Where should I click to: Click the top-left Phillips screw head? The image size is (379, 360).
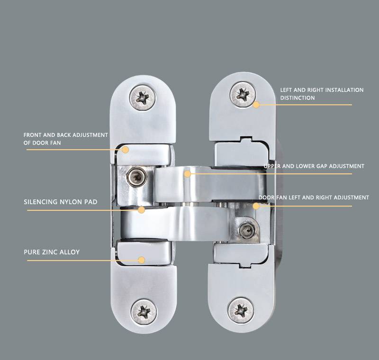coord(143,98)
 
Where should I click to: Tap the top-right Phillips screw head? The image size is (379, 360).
coord(243,94)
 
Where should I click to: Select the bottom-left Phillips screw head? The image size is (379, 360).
coord(144,312)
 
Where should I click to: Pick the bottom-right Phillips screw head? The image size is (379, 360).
coord(241,310)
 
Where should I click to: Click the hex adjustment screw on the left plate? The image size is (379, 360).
coord(137,177)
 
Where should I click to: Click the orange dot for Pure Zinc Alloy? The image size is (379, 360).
coord(141,260)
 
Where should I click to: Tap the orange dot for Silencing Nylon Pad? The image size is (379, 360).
coord(142,210)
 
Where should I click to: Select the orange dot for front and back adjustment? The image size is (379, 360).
coord(125,150)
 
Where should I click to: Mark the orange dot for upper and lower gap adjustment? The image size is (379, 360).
coord(187,174)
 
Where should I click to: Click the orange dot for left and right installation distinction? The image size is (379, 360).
coord(256,105)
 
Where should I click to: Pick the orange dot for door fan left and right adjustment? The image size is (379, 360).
coord(256,206)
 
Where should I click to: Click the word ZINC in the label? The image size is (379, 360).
coord(50,252)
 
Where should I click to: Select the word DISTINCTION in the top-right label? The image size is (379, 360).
coord(298,98)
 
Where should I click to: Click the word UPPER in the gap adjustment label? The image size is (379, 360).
coord(272,166)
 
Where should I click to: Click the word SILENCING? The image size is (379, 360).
coord(41,202)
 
